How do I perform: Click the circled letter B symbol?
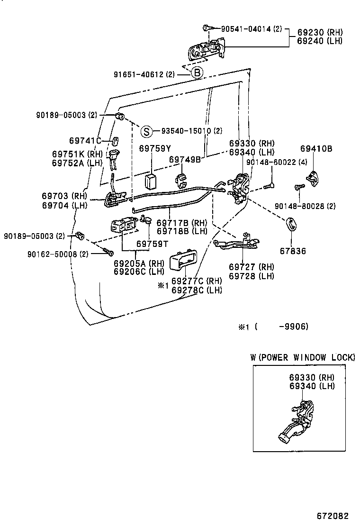tap(197, 73)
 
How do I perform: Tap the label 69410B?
tap(316, 149)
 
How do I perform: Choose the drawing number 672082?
tap(333, 515)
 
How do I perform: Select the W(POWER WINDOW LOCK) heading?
tap(302, 357)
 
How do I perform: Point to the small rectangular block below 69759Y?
tap(151, 181)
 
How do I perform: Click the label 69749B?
tap(185, 160)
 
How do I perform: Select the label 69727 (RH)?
tap(251, 267)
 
